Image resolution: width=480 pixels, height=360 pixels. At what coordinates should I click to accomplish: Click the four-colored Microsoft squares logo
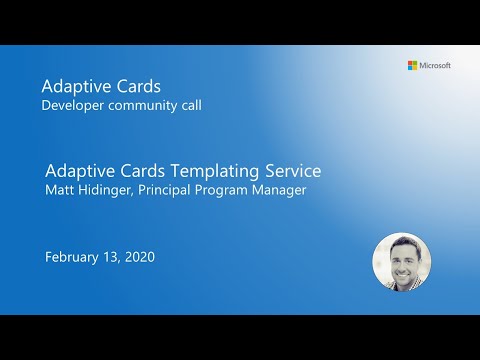(412, 65)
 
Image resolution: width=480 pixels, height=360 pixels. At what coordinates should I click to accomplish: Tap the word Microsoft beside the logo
(435, 65)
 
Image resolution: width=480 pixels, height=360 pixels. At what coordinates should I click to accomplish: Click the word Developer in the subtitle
(72, 105)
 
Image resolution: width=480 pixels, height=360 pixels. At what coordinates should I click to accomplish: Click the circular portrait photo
(401, 262)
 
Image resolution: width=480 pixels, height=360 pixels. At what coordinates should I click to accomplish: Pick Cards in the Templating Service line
(140, 170)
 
